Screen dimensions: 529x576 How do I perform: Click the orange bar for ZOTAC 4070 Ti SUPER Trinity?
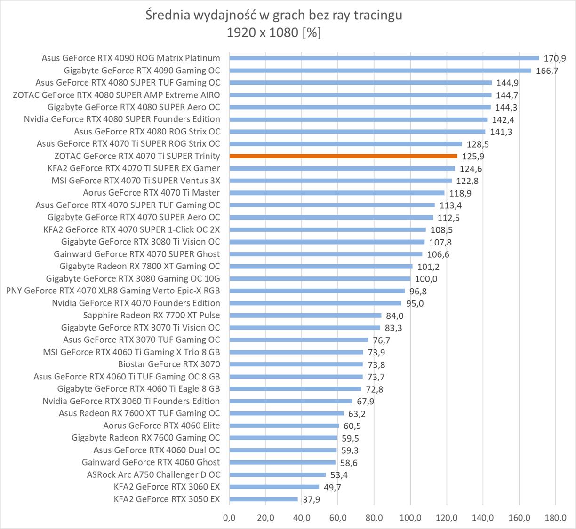(343, 156)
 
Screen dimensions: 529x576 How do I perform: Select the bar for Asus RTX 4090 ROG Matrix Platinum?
(384, 58)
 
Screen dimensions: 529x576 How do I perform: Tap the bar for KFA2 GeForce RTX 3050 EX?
(264, 499)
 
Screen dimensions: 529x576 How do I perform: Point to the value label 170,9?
(555, 59)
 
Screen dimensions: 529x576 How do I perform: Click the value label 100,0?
(426, 279)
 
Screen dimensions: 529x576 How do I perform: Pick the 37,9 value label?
(311, 499)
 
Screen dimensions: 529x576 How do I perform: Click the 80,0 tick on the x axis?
(374, 518)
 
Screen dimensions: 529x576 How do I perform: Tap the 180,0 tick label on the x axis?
(555, 518)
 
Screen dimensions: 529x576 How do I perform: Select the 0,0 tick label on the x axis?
(229, 518)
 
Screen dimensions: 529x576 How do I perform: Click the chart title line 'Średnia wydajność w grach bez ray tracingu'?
(274, 16)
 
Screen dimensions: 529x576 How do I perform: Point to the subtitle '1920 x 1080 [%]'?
(274, 32)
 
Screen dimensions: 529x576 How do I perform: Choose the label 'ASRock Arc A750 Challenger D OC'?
(153, 474)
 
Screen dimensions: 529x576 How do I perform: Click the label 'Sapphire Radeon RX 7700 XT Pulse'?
(152, 315)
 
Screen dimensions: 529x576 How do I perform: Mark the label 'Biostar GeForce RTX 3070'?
(169, 364)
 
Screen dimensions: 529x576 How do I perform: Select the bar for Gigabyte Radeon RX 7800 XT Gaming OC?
(321, 267)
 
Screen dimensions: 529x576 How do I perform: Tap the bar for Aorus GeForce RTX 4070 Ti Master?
(336, 193)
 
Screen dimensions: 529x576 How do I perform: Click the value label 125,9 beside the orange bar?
(473, 157)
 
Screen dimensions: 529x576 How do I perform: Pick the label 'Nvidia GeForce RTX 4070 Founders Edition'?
(136, 303)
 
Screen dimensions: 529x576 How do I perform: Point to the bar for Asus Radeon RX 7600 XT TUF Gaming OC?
(287, 413)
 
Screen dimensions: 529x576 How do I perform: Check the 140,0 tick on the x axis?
(483, 518)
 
